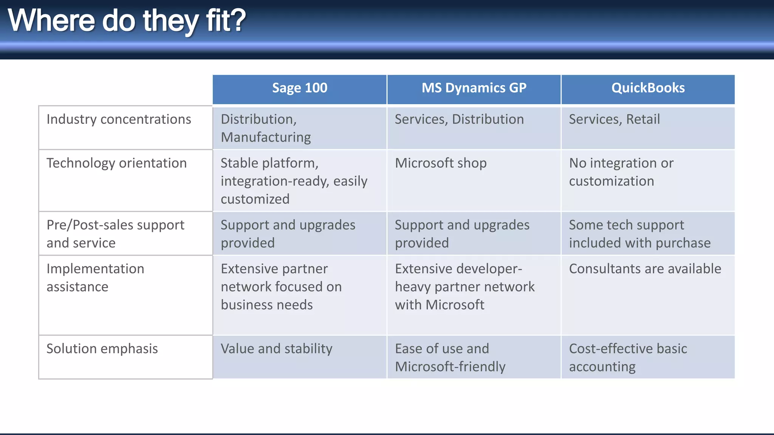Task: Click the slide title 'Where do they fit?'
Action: [x=127, y=20]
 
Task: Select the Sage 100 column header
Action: [x=299, y=88]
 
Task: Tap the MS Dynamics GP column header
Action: [x=474, y=88]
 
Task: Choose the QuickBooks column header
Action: [x=648, y=88]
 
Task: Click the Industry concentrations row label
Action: [x=119, y=119]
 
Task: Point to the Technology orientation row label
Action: [x=116, y=163]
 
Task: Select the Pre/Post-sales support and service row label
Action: [x=115, y=233]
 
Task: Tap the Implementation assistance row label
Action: [x=95, y=278]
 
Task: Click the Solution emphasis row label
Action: [x=102, y=349]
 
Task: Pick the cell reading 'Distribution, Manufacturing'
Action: [x=266, y=128]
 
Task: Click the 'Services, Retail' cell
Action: [x=614, y=119]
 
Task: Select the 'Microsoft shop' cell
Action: [x=441, y=163]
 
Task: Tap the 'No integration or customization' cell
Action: [x=621, y=172]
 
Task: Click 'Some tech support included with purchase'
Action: [x=639, y=234]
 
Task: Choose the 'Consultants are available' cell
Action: [x=645, y=269]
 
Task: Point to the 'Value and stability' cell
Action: [x=276, y=349]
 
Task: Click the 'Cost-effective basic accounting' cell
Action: [x=628, y=357]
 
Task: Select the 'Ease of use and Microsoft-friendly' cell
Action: [x=450, y=357]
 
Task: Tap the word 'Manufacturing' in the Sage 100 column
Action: [x=266, y=137]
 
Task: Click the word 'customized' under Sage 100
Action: [x=255, y=199]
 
